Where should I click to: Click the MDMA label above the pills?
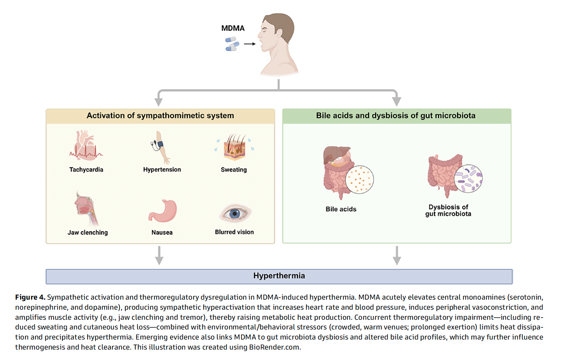(233, 28)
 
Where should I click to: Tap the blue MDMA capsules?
(232, 44)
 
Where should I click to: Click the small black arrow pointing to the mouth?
(250, 44)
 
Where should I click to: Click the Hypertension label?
(162, 170)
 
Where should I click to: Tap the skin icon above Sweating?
(234, 147)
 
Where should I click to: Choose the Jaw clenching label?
(88, 232)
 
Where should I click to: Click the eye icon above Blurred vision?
(235, 213)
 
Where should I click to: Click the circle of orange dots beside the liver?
(359, 180)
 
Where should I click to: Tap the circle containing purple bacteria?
(468, 179)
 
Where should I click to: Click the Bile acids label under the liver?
(341, 209)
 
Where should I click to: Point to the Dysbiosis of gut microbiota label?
(448, 210)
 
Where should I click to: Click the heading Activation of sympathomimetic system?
(160, 116)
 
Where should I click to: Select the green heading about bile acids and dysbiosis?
(396, 116)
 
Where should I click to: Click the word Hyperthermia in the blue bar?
(279, 276)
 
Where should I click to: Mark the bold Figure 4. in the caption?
(30, 297)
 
